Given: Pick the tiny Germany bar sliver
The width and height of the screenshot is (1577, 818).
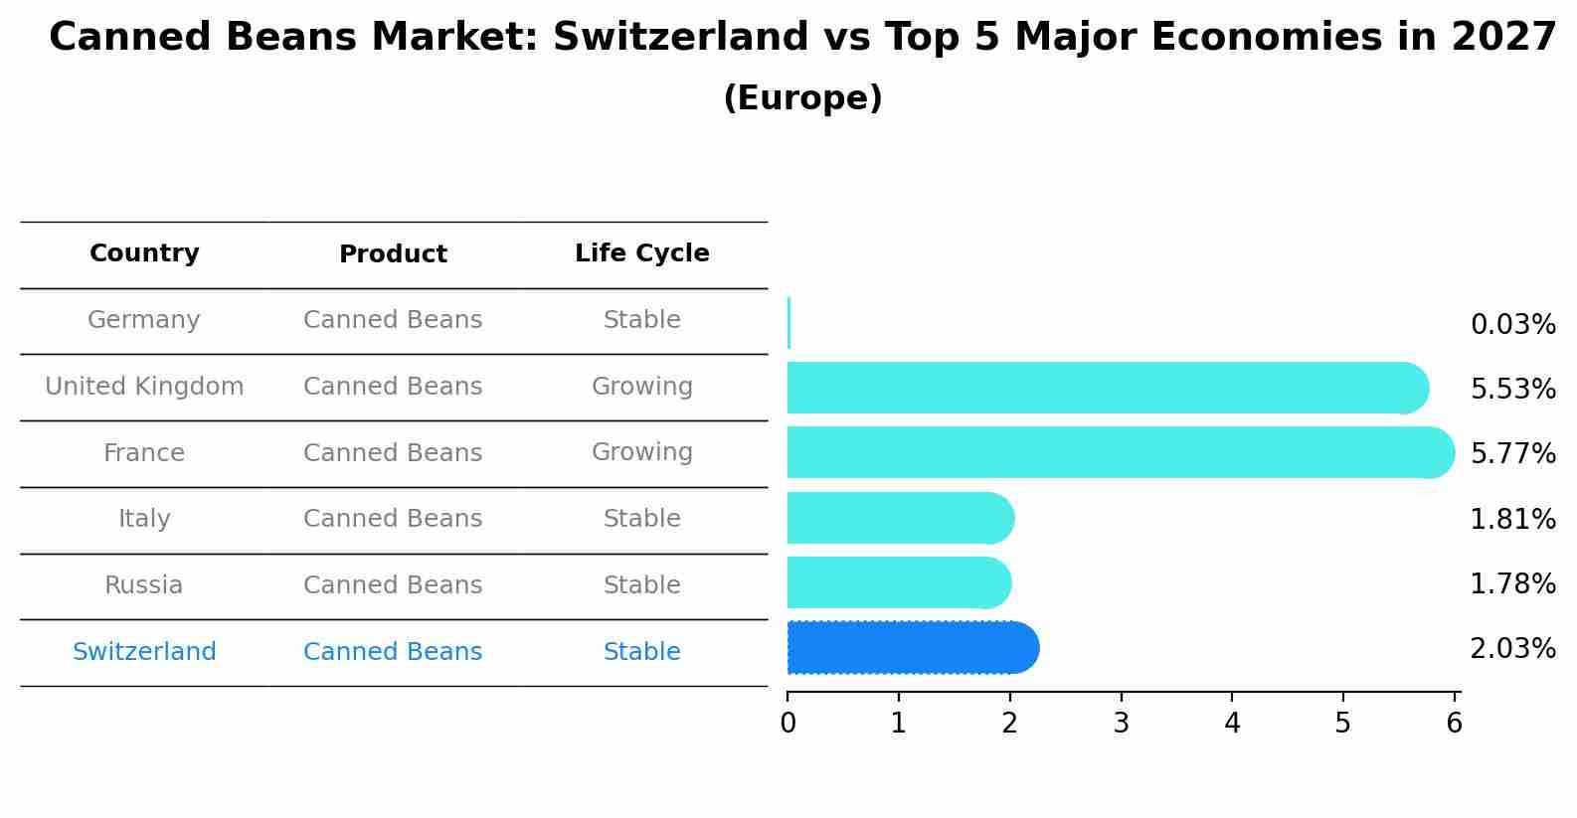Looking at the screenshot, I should click(x=788, y=323).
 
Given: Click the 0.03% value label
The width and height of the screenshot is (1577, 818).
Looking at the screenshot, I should click(x=1511, y=325).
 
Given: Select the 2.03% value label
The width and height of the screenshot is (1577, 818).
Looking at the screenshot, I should click(x=1511, y=649).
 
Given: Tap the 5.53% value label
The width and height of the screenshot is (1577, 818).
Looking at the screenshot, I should click(x=1511, y=390).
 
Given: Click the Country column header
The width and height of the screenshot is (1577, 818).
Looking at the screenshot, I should click(x=144, y=253).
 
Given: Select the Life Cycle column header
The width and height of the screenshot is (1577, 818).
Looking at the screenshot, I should click(x=641, y=253).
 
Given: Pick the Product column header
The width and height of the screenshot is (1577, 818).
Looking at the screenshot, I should click(x=393, y=254).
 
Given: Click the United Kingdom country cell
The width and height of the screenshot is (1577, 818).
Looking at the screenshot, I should click(x=144, y=387).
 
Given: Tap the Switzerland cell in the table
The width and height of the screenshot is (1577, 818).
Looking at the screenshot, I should click(x=144, y=652).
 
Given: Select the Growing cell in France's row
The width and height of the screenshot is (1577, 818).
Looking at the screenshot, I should click(x=641, y=452).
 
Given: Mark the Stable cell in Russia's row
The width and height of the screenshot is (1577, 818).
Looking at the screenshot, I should click(x=641, y=585).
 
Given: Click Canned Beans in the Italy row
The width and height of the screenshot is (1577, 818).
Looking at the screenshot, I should click(x=393, y=519).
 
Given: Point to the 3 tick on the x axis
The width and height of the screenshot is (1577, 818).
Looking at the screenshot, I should click(x=1121, y=723).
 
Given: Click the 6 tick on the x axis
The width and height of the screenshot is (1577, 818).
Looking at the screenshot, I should click(x=1454, y=723).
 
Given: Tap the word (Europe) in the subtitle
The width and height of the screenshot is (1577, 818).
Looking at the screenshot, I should click(x=802, y=98).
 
